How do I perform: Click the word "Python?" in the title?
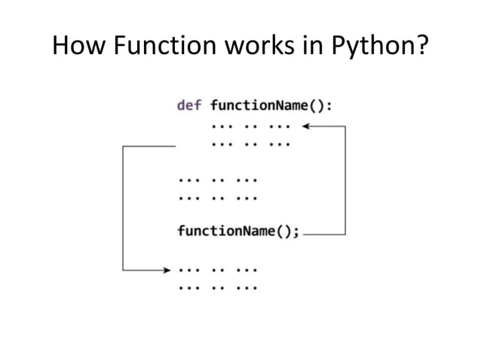(381, 50)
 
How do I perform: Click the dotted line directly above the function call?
(218, 198)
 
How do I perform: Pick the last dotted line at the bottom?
(218, 287)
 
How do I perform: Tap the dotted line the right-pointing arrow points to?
(218, 269)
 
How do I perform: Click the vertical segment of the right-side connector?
(345, 181)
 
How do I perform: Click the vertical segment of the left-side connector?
(123, 208)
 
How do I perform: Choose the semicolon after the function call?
(296, 232)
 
